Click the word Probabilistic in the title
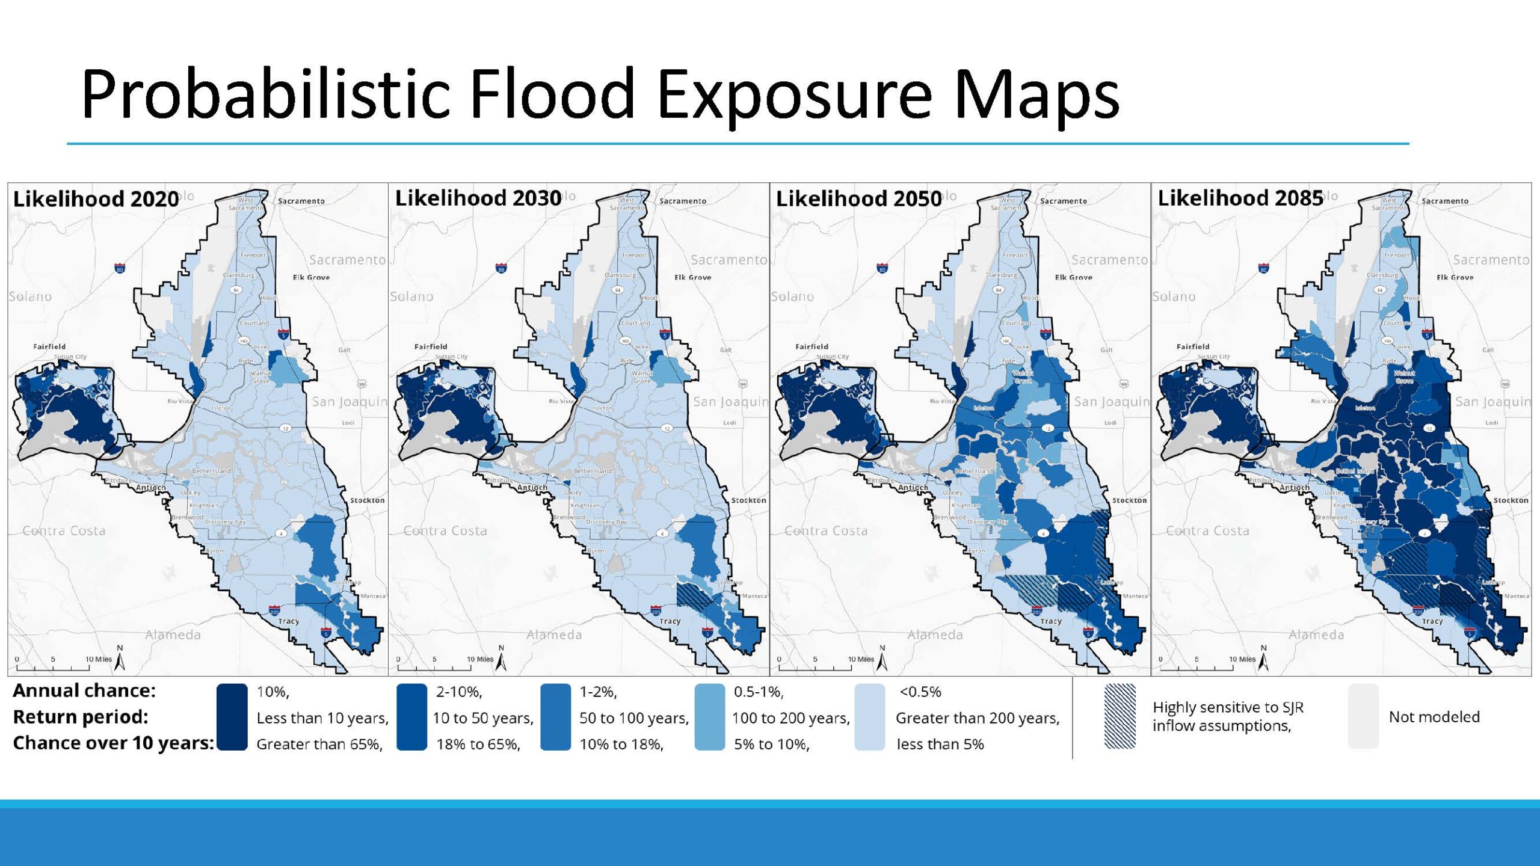click(x=265, y=94)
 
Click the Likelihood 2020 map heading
click(x=96, y=199)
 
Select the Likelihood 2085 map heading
click(x=1240, y=198)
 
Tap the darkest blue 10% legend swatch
click(x=232, y=716)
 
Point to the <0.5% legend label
click(x=920, y=692)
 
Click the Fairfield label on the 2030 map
click(x=431, y=347)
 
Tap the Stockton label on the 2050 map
click(x=1129, y=500)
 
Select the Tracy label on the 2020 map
click(x=288, y=621)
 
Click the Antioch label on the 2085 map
click(x=1294, y=488)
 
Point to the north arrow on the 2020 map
click(x=120, y=660)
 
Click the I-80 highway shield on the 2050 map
click(x=882, y=268)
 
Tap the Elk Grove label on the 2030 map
click(x=692, y=277)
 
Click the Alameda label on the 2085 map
click(x=1316, y=634)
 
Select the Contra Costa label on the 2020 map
click(x=64, y=531)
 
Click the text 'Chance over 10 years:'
click(x=113, y=743)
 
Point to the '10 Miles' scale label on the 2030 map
click(x=479, y=659)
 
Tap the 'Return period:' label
click(x=80, y=717)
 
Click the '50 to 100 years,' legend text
click(x=633, y=718)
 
